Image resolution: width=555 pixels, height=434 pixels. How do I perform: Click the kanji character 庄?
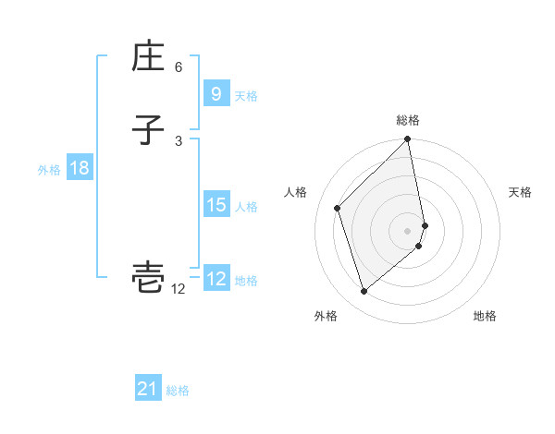[148, 58]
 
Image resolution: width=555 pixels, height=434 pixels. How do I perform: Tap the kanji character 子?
[148, 130]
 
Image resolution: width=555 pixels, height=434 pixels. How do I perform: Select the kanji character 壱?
[148, 278]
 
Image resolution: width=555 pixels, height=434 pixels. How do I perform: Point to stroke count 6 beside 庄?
[179, 67]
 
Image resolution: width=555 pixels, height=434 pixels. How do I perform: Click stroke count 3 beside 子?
[179, 140]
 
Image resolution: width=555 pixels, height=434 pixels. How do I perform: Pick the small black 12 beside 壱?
[179, 289]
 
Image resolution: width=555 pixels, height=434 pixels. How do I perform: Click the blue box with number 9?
[216, 93]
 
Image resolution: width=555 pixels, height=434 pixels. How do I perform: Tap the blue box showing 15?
[216, 204]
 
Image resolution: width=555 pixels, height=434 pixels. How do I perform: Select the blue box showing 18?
[79, 168]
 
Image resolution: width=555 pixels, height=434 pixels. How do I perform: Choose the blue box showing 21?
[148, 389]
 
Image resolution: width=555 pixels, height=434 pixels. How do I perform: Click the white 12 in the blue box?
[216, 278]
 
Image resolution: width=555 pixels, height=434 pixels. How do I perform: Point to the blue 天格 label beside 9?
[246, 95]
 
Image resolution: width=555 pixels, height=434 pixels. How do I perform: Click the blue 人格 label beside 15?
[246, 206]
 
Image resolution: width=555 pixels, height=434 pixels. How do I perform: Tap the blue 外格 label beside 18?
[49, 170]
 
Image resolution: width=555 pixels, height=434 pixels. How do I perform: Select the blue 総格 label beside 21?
[179, 391]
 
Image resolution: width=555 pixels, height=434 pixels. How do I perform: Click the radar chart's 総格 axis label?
[408, 120]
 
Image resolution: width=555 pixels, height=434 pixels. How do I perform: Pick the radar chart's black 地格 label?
[485, 316]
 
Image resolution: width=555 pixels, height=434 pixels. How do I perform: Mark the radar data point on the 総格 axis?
[408, 140]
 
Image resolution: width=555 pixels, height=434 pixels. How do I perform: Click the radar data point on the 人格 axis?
[338, 208]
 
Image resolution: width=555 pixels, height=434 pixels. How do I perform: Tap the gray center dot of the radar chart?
[408, 230]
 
